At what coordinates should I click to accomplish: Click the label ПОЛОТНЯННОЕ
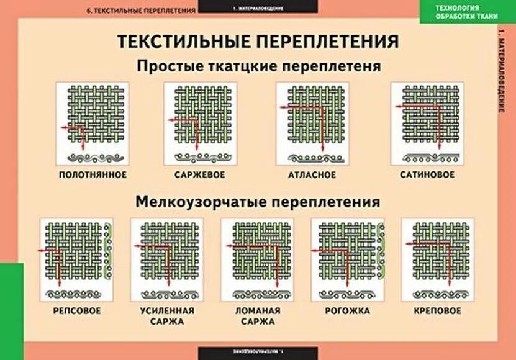[93, 174]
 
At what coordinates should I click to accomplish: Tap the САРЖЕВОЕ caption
[199, 174]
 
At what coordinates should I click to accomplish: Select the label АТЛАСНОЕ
[312, 174]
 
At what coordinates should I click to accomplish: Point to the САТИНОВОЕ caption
[427, 174]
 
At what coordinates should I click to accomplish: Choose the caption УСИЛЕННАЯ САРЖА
[166, 316]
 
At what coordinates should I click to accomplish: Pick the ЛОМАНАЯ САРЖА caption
[258, 316]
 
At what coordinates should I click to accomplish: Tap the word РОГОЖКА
[348, 310]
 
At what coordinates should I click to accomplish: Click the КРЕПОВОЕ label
[438, 310]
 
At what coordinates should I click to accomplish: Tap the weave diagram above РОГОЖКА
[347, 254]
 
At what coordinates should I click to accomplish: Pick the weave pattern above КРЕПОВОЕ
[438, 254]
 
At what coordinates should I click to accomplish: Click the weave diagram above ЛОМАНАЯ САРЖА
[257, 254]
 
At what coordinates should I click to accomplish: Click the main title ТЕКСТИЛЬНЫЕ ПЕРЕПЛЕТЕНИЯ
[258, 42]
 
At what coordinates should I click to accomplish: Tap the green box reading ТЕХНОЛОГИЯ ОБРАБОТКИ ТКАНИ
[466, 11]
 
